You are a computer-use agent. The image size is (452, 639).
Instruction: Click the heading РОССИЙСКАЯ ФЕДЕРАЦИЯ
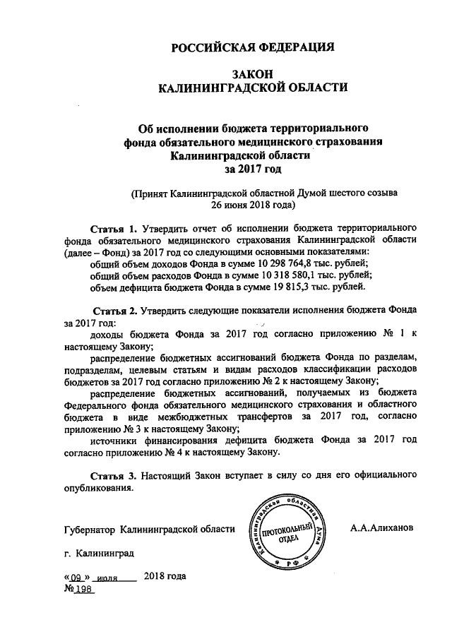pyautogui.click(x=254, y=48)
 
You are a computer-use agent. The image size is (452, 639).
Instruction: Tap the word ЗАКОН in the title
pyautogui.click(x=253, y=74)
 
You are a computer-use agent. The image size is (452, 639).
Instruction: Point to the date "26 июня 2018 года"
pyautogui.click(x=253, y=206)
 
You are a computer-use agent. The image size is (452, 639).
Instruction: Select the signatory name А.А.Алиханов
pyautogui.click(x=384, y=527)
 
